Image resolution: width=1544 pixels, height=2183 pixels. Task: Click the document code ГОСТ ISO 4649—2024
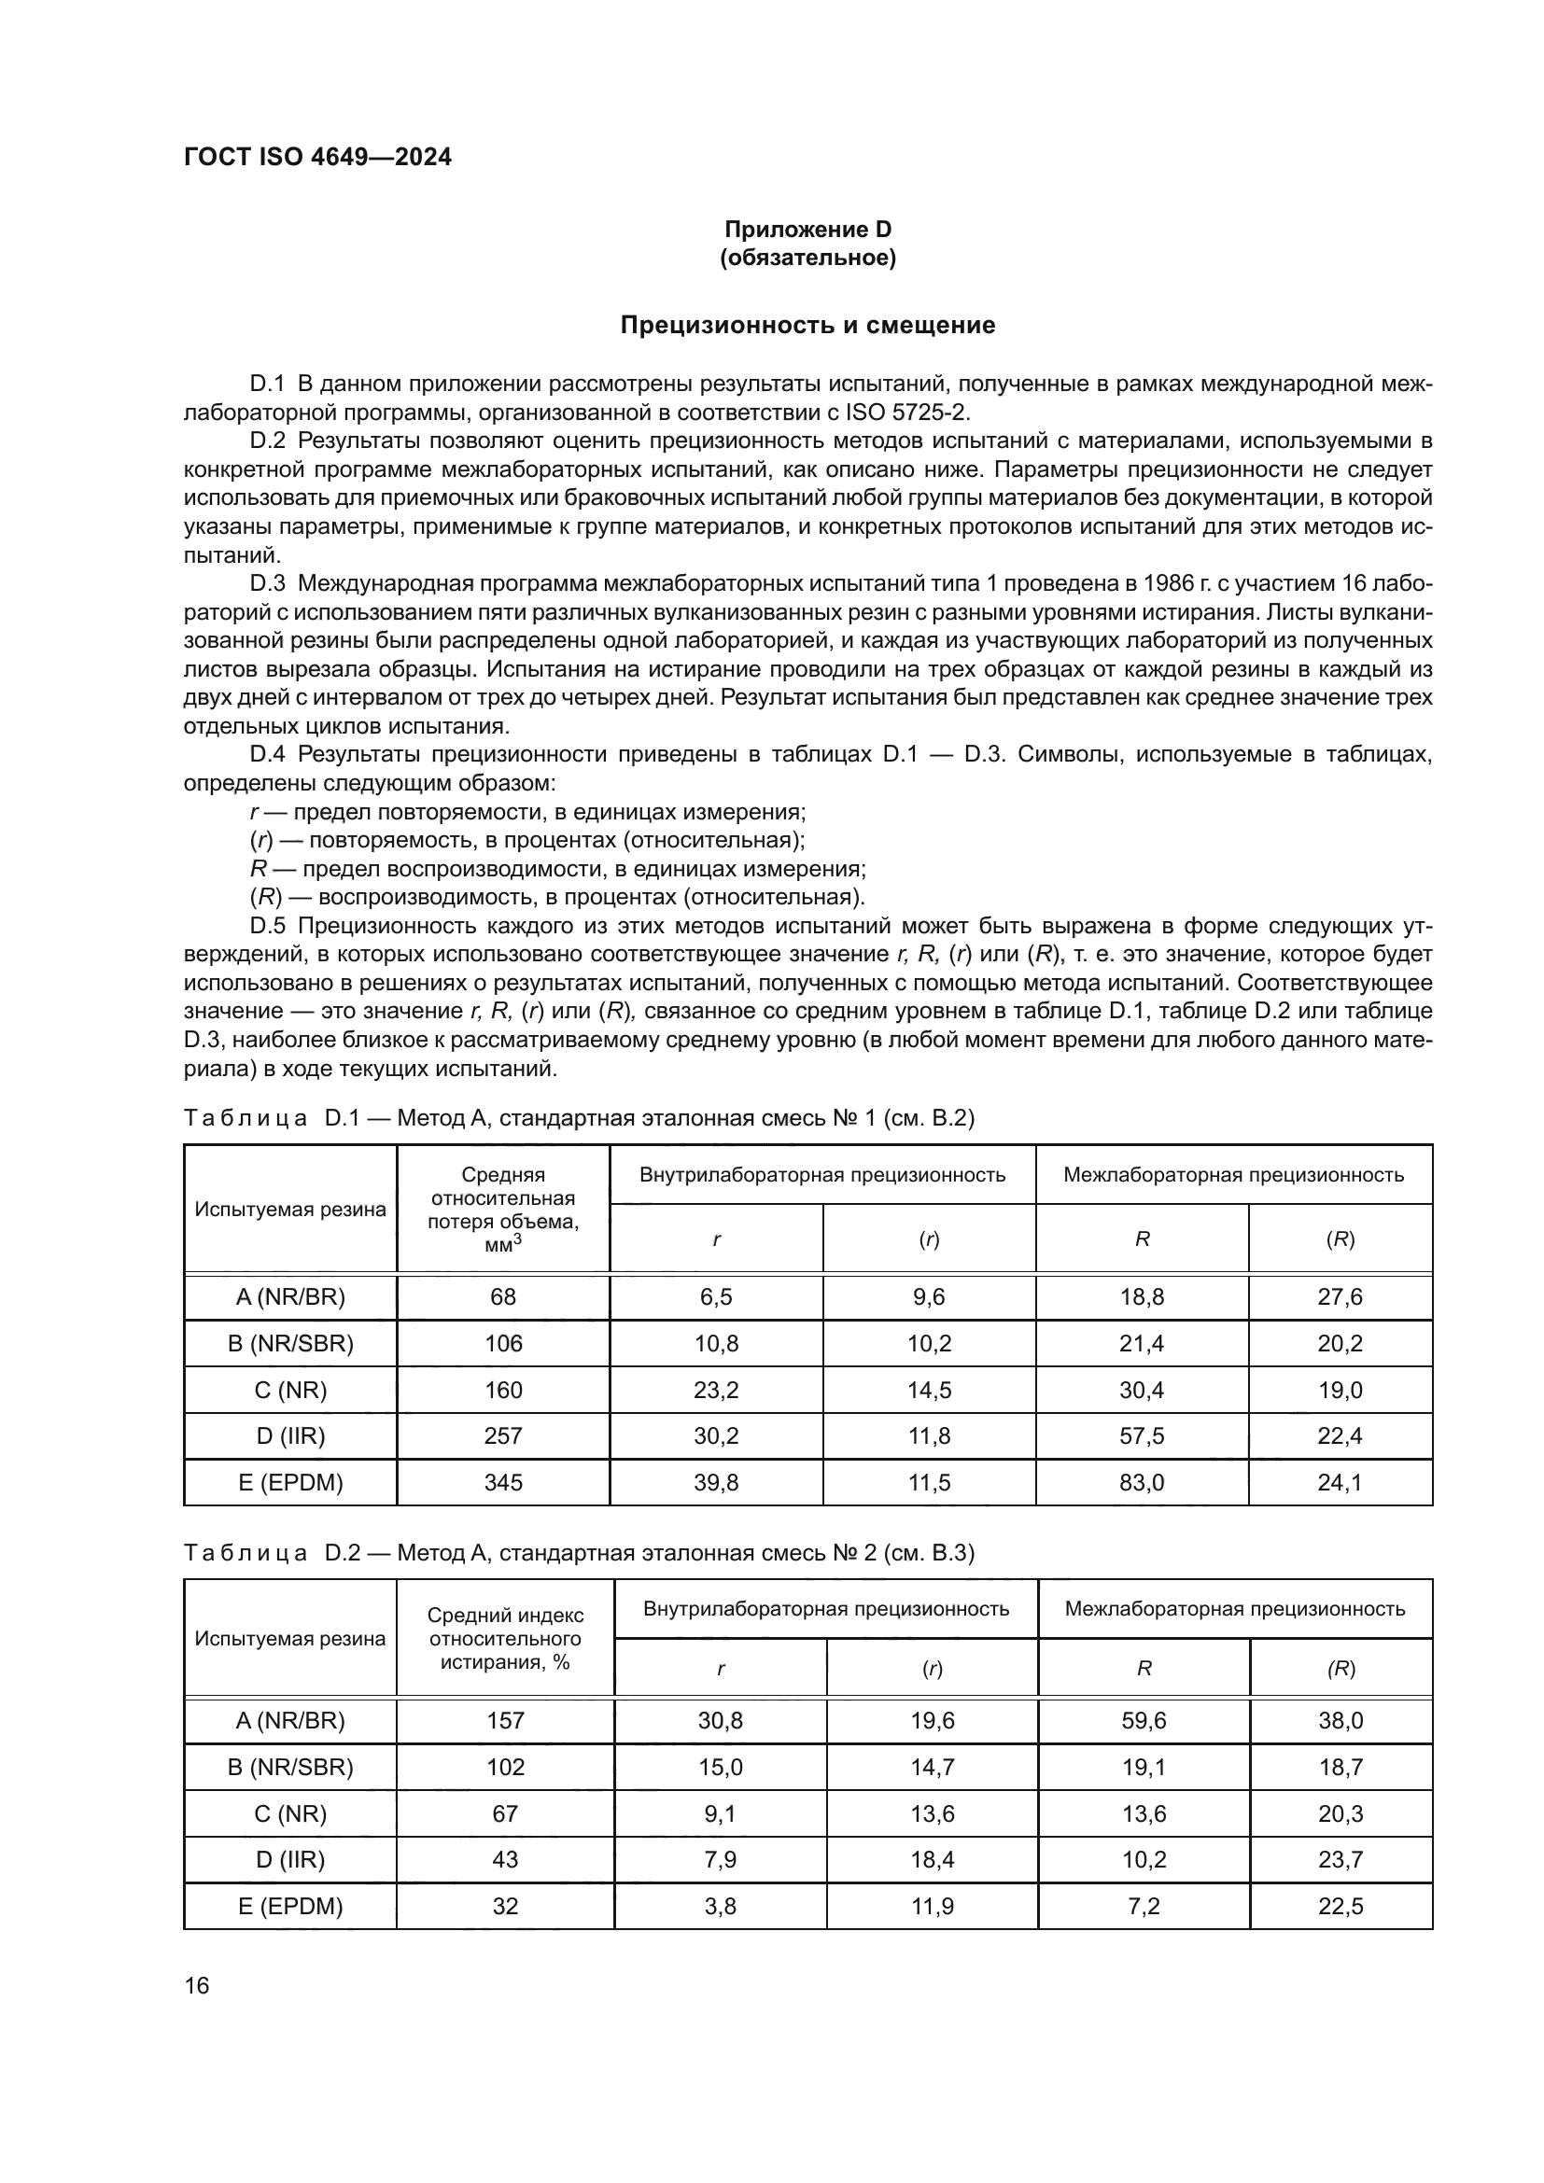(317, 157)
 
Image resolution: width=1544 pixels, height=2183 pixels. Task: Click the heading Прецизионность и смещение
(807, 325)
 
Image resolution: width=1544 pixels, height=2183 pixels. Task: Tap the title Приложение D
(807, 230)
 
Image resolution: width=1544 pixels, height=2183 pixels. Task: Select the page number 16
(197, 1985)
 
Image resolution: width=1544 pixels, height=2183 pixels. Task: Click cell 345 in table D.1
(503, 1482)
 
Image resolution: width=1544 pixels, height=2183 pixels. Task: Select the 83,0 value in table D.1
(1141, 1482)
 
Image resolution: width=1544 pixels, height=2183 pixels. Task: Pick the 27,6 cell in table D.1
(1339, 1297)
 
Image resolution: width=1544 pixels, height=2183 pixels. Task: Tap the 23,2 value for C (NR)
(716, 1390)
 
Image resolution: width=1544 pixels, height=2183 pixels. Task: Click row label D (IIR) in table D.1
(290, 1435)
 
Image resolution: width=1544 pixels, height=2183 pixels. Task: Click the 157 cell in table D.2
(505, 1720)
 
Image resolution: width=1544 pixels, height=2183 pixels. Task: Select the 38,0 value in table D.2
(1340, 1720)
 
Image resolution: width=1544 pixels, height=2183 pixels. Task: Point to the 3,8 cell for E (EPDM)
(720, 1907)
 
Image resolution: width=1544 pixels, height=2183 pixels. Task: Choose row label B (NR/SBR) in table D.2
(290, 1767)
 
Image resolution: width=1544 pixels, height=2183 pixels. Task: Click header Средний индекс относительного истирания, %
(505, 1638)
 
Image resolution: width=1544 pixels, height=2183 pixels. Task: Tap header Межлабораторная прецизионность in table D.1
(1233, 1174)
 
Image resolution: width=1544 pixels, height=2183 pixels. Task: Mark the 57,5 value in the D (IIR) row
(1141, 1435)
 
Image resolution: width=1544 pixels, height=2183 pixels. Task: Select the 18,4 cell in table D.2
(932, 1860)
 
